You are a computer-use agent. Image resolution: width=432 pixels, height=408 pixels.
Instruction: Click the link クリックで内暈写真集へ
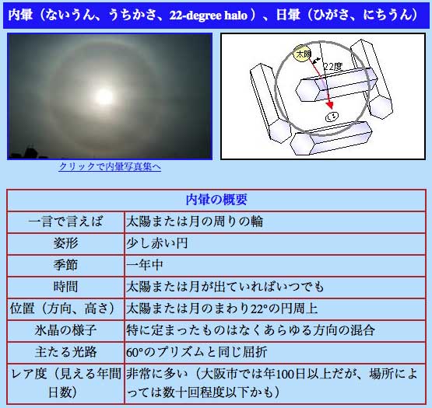point(110,166)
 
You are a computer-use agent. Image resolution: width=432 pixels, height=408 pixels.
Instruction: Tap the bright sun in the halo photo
point(104,96)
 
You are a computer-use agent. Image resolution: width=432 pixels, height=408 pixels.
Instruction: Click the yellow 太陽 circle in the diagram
point(303,54)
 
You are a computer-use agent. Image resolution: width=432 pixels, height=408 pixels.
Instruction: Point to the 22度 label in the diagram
point(332,67)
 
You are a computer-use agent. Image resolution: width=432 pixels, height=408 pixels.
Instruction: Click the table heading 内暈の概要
point(216,200)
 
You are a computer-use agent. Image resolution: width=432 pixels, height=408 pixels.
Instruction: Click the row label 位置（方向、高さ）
point(65,309)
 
